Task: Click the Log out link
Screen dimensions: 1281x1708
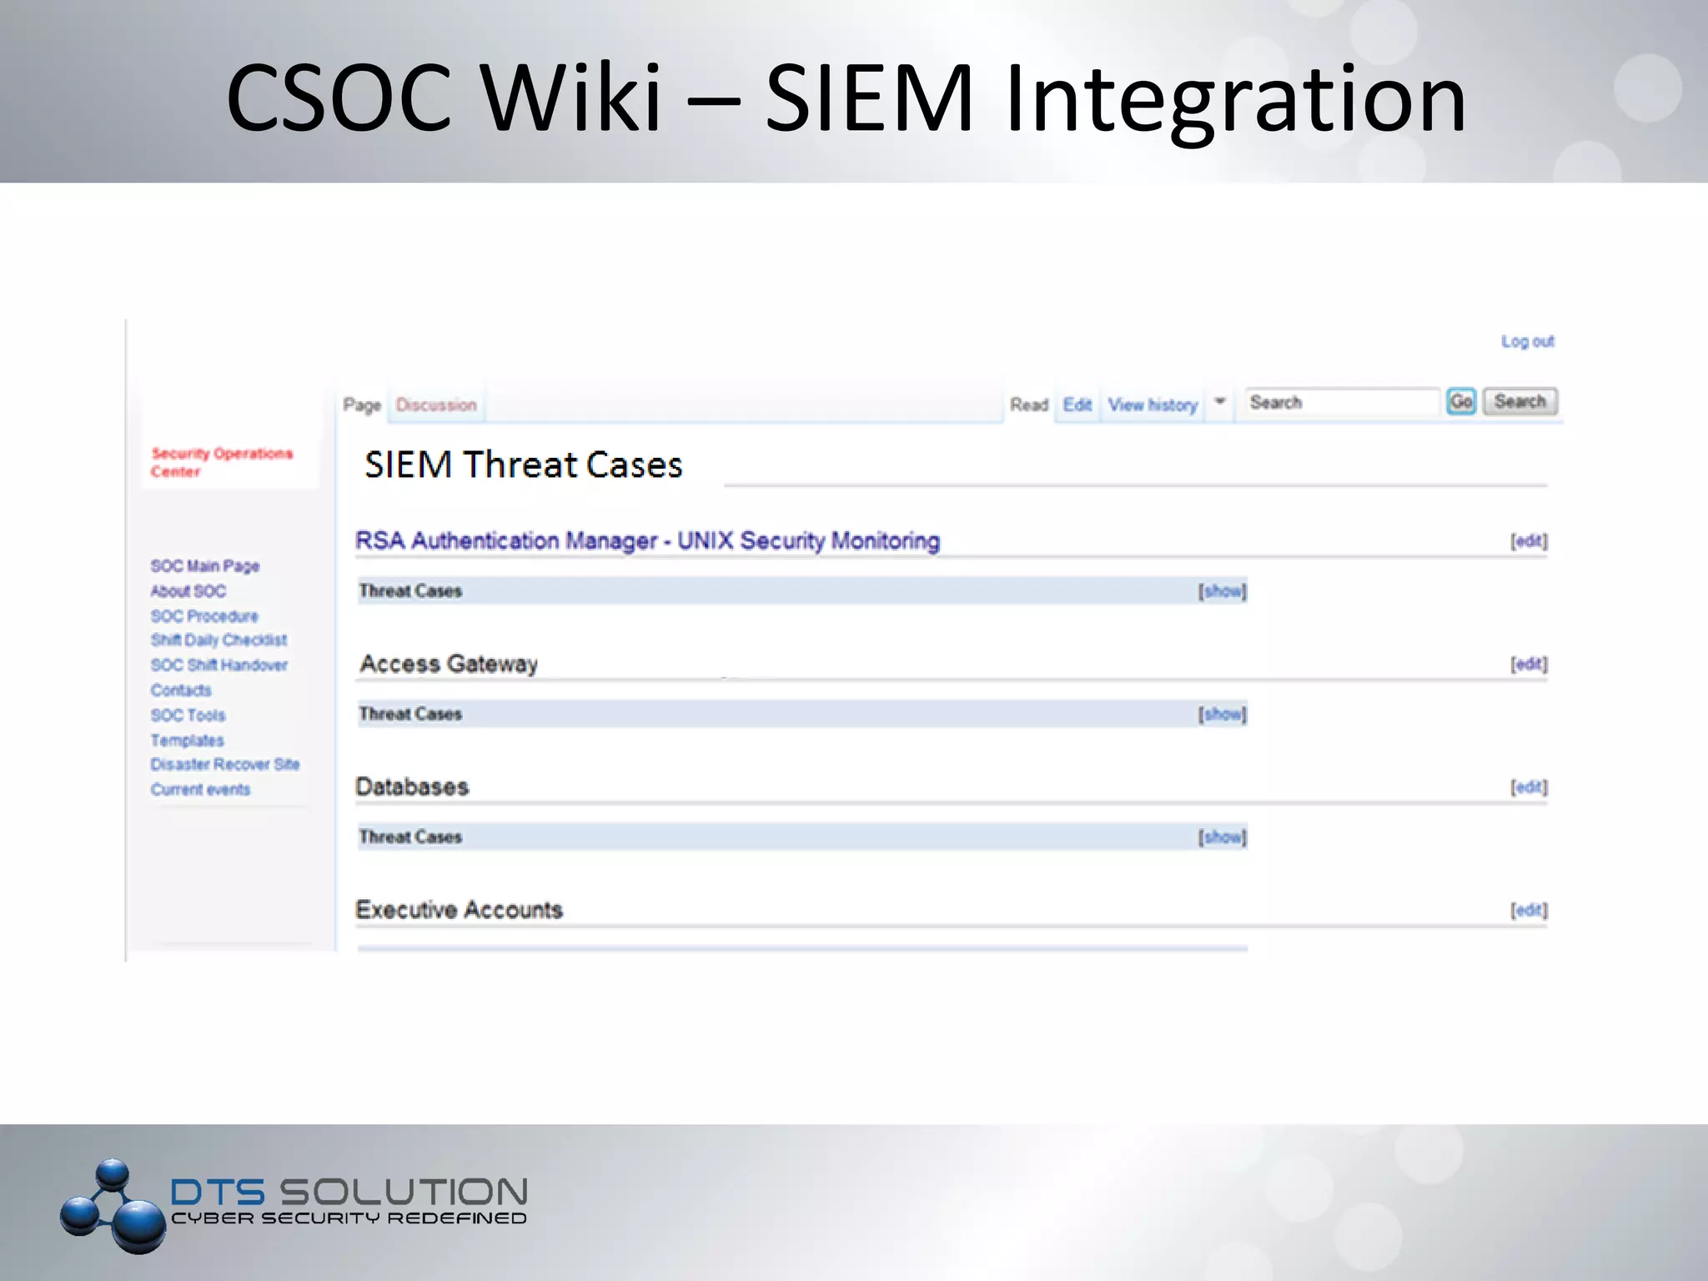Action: (x=1527, y=341)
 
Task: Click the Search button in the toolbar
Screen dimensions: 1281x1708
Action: (x=1520, y=402)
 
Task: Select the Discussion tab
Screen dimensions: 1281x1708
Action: (x=436, y=405)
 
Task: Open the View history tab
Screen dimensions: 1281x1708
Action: (x=1153, y=405)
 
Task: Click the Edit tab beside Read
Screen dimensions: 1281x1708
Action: (x=1077, y=405)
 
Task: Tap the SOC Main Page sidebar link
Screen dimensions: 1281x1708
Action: (x=205, y=566)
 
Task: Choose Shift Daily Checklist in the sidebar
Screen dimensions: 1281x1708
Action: (x=219, y=640)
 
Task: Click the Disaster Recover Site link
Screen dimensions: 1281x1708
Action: (x=225, y=765)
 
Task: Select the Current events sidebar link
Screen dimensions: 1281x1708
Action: (x=200, y=790)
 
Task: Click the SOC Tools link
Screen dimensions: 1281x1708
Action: (x=188, y=716)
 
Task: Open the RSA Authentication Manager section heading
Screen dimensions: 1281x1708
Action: (x=647, y=541)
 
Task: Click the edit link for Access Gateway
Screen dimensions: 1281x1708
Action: (x=1529, y=665)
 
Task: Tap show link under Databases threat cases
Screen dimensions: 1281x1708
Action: (x=1222, y=837)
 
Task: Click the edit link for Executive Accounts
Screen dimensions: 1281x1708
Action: (x=1529, y=911)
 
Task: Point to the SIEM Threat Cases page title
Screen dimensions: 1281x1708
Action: (x=523, y=465)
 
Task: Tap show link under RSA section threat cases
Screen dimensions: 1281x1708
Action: (x=1222, y=591)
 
